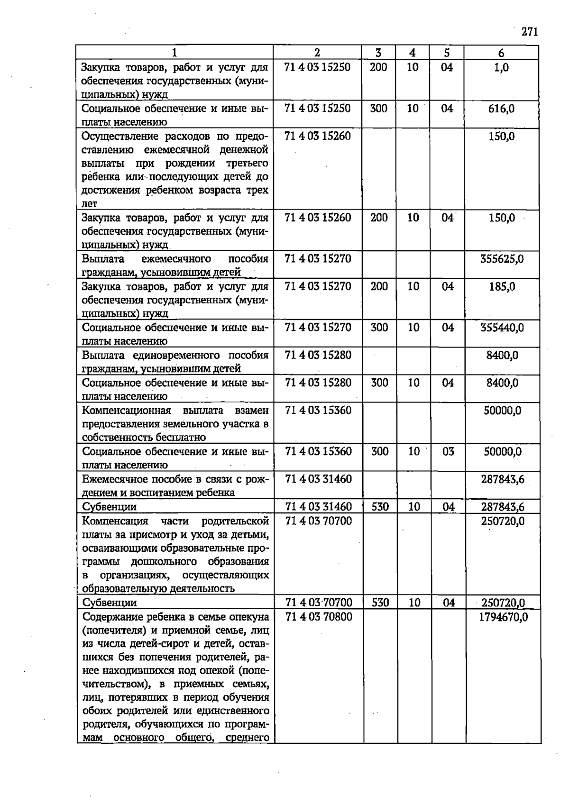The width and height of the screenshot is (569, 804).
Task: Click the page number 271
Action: (530, 32)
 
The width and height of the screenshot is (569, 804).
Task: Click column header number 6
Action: (501, 53)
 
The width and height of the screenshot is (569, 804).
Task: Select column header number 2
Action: (317, 53)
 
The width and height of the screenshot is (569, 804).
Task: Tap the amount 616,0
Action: (501, 109)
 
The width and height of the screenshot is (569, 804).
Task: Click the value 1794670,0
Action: (504, 617)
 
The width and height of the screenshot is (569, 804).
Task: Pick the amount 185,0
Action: (502, 286)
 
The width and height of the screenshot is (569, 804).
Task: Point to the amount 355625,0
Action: (502, 259)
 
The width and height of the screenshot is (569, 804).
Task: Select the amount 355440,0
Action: (502, 328)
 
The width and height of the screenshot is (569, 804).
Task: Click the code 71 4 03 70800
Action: (319, 617)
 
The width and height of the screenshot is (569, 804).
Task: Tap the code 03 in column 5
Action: (448, 451)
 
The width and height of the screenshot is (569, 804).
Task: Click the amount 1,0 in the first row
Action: (501, 67)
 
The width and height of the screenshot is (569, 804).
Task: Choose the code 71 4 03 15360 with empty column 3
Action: (318, 410)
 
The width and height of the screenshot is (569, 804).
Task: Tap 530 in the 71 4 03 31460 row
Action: (380, 507)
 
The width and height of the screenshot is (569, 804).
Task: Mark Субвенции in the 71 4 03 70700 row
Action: (109, 603)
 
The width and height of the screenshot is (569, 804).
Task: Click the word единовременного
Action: (178, 355)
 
